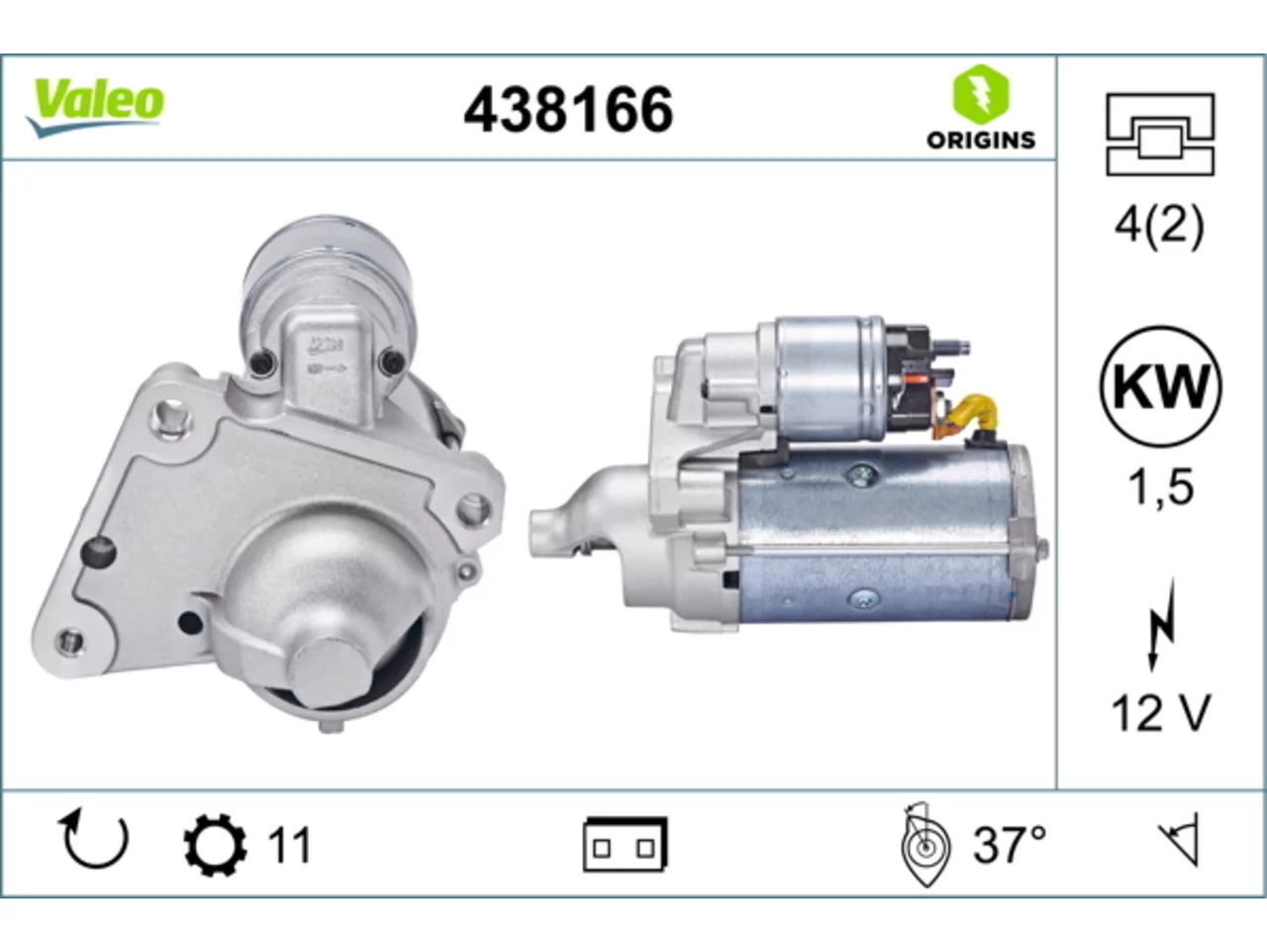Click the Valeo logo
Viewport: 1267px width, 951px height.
[95, 108]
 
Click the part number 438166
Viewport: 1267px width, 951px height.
[568, 110]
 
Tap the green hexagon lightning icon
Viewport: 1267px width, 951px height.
[981, 95]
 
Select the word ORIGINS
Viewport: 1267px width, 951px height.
[981, 141]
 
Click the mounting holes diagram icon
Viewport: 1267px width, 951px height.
[1160, 134]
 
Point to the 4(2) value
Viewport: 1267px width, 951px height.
[1160, 226]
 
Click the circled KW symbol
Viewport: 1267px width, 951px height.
[1161, 386]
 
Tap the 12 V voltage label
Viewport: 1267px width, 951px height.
[1160, 713]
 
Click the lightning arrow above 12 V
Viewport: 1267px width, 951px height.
[1161, 625]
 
